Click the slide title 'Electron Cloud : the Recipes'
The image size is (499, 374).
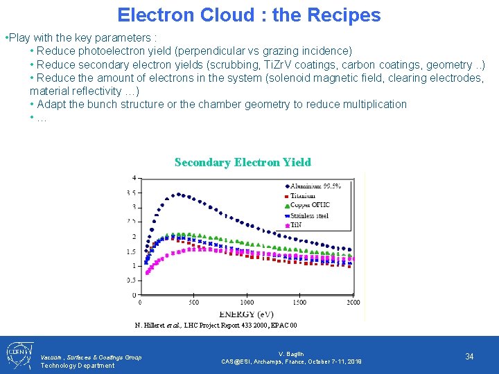tap(249, 15)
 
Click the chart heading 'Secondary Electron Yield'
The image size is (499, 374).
tap(243, 162)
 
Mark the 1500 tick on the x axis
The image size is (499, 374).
tap(299, 303)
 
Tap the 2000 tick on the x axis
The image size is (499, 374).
tap(353, 303)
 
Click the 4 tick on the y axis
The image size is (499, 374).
tap(134, 179)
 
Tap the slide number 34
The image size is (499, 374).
tap(469, 356)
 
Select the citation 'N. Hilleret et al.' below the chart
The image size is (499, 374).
tap(161, 326)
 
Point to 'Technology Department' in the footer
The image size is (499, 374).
tap(77, 366)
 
